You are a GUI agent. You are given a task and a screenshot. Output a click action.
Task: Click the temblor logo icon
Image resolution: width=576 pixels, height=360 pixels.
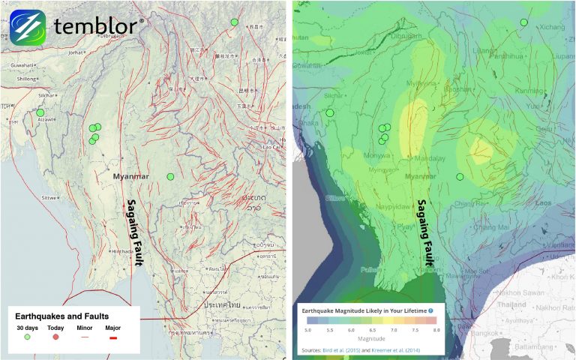(x=28, y=28)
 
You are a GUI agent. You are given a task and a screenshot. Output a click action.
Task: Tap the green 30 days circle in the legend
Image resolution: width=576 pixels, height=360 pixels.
(x=28, y=337)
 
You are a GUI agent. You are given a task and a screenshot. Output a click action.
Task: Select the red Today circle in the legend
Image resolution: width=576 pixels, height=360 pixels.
(x=56, y=337)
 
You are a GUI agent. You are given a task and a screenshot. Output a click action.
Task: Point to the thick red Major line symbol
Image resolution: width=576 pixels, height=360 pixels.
(x=113, y=337)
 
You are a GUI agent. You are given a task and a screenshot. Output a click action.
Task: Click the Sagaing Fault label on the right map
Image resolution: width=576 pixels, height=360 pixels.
(x=428, y=232)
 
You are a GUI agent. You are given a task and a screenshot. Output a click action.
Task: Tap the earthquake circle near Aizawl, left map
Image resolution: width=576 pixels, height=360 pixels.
(x=40, y=112)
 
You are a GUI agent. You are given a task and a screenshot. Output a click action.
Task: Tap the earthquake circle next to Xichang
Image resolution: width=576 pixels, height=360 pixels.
(x=524, y=22)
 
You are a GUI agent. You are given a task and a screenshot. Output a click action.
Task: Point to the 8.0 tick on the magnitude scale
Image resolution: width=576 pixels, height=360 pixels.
(x=436, y=329)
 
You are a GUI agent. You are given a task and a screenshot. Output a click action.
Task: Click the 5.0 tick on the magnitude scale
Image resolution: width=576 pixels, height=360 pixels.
(x=307, y=329)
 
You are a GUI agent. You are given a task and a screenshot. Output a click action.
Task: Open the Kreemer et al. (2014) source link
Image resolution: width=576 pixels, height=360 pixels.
(x=402, y=349)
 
